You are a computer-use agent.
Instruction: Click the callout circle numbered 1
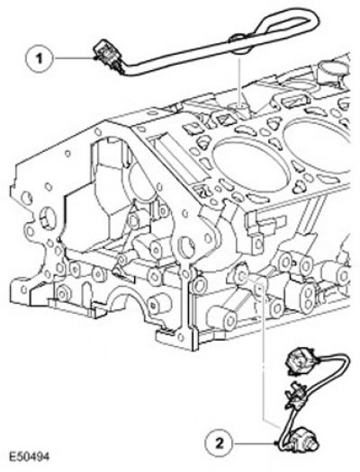(x=40, y=58)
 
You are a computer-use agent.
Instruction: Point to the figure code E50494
(x=29, y=456)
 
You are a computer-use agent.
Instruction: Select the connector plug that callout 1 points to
(x=107, y=57)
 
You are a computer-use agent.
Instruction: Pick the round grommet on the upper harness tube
(x=238, y=44)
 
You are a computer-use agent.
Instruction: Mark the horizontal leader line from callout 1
(x=73, y=58)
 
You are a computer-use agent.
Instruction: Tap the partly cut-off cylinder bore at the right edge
(x=319, y=145)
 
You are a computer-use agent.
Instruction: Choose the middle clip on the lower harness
(x=296, y=395)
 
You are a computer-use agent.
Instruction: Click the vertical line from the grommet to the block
(x=239, y=82)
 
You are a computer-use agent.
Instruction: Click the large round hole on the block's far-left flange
(x=47, y=218)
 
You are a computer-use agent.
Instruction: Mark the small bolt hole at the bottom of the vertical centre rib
(x=181, y=337)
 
